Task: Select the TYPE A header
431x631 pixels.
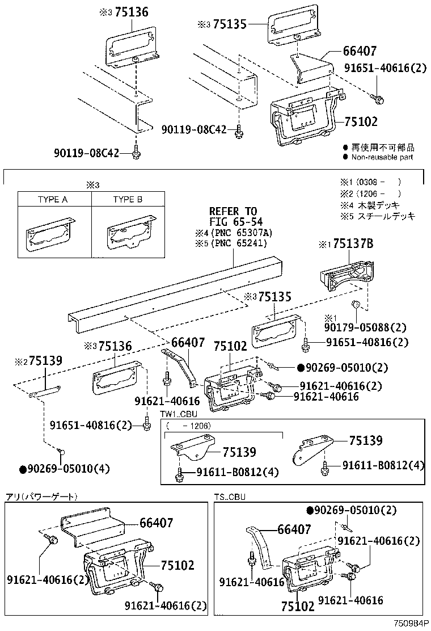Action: click(x=53, y=200)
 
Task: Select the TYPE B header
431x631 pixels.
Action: click(x=128, y=200)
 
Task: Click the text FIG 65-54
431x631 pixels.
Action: click(x=233, y=222)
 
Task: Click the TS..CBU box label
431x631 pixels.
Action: click(x=230, y=497)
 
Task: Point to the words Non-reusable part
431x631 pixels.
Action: click(x=382, y=157)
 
